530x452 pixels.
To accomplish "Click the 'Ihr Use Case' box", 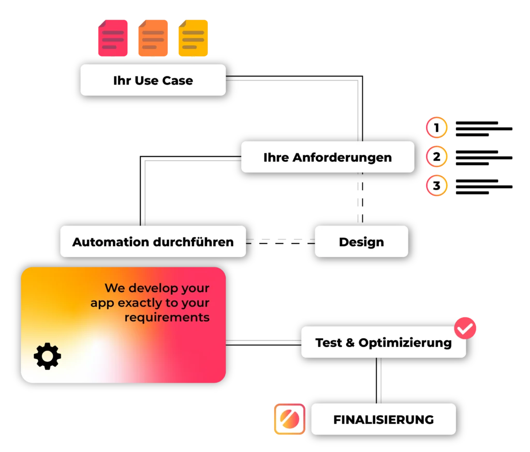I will [153, 80].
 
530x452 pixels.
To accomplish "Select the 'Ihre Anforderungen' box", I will [328, 157].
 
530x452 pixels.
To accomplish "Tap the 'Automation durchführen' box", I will [153, 242].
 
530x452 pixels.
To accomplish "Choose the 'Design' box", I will [361, 242].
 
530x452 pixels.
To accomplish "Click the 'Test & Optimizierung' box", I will [383, 342].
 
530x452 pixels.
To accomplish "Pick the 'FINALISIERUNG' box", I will [383, 419].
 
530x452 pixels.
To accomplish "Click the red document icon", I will [112, 38].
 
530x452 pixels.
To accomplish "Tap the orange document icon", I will [153, 38].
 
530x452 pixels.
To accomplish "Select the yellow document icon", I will [193, 38].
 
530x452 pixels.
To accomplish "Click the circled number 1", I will [437, 128].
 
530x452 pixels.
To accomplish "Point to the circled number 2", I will [437, 157].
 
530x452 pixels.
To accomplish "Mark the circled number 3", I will [437, 186].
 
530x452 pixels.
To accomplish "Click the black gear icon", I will [47, 356].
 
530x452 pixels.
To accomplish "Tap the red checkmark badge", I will [465, 327].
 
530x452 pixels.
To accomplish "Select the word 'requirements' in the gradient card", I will [167, 317].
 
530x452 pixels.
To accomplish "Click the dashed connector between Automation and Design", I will [280, 238].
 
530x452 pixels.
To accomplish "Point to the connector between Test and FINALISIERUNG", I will [381, 381].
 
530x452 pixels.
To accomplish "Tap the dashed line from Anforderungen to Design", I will [358, 199].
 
